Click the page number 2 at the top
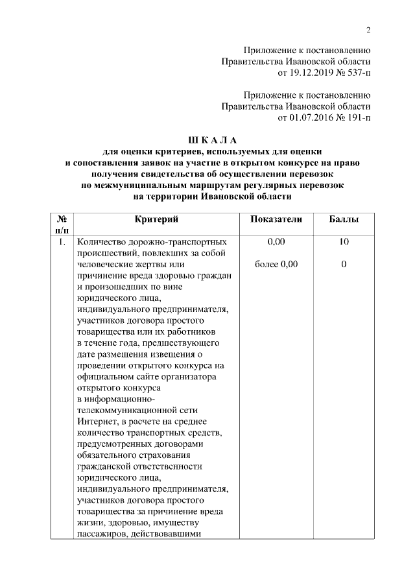coord(368,30)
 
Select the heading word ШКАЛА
coord(213,139)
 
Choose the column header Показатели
coord(276,220)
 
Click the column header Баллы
coord(344,220)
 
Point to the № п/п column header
coord(62,225)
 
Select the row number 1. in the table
coord(62,242)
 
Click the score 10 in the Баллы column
coord(344,242)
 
